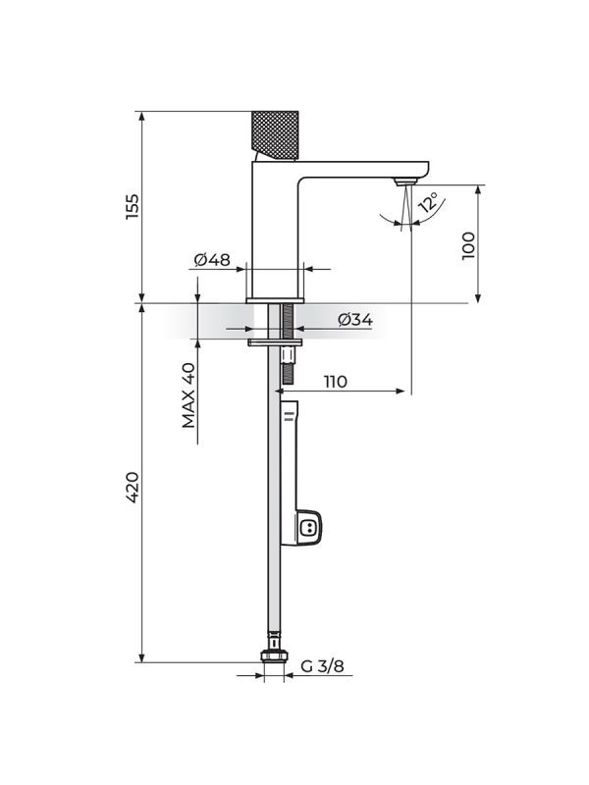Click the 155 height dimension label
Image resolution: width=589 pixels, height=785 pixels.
133,206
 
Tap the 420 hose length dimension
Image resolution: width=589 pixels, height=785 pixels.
133,487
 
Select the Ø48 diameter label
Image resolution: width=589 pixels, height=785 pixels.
212,260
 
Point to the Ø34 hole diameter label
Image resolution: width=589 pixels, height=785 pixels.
355,320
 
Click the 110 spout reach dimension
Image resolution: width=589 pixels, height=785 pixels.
335,382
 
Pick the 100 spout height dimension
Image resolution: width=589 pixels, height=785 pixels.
468,245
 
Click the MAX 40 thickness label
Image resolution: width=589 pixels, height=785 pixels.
188,395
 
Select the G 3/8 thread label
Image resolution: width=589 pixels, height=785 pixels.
323,666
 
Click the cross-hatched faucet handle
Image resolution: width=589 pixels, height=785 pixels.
275,135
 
